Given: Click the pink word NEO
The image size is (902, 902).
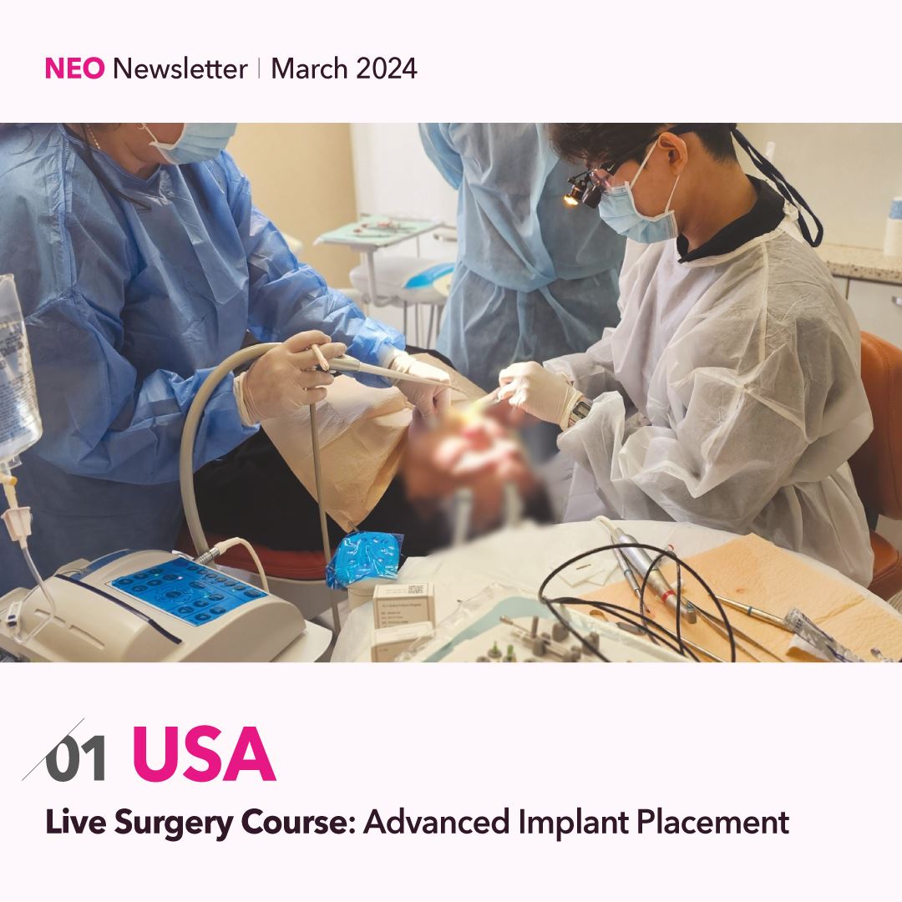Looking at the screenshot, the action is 75,68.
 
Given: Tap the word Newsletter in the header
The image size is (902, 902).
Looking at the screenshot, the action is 180,68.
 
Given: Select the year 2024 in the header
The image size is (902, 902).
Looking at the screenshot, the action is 387,68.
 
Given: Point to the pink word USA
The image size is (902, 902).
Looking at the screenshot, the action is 205,753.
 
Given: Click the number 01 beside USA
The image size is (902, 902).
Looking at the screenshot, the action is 76,759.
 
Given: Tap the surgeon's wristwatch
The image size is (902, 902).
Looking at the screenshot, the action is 580,412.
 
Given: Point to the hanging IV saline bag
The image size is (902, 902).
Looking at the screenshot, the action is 18,368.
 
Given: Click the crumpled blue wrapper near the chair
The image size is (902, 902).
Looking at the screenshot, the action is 365,558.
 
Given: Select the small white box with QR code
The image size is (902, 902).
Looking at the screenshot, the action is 403,606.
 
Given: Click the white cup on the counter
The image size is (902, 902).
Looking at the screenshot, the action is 894,225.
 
